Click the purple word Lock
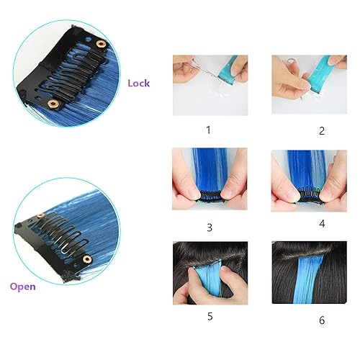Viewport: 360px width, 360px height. [138, 84]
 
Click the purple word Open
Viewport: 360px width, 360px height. [22, 286]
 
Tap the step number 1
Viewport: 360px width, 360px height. [209, 130]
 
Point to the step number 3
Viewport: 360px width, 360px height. [209, 228]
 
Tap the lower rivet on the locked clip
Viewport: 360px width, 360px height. [52, 106]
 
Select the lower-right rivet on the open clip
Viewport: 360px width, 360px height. [88, 258]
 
